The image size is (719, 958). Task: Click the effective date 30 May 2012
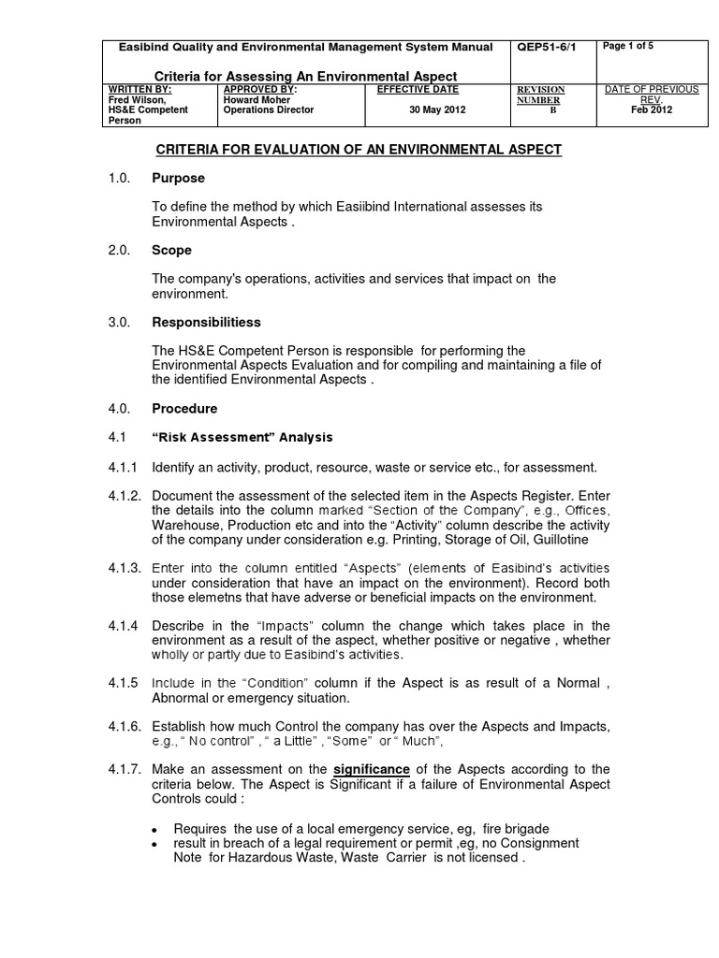[437, 109]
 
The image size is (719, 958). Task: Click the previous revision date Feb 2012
[652, 109]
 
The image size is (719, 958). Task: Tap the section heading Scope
[171, 251]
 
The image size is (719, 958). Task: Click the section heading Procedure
[184, 409]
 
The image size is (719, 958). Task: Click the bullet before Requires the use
[155, 830]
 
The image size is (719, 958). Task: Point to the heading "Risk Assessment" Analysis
[242, 437]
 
